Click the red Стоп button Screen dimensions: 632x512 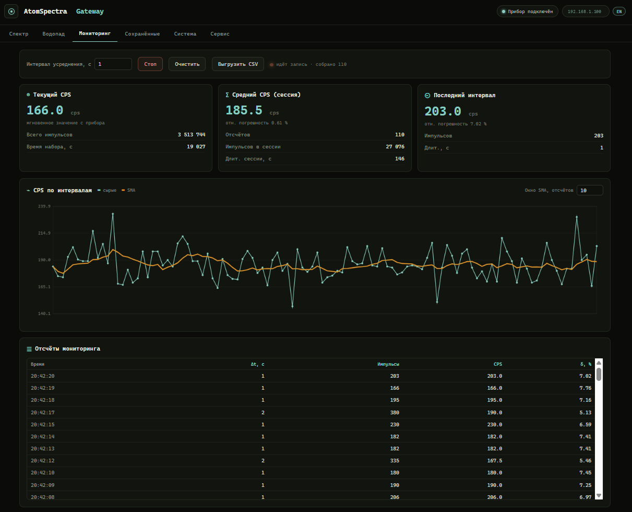tap(150, 64)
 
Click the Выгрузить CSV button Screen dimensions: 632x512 tap(237, 64)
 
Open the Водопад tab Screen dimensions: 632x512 tap(53, 34)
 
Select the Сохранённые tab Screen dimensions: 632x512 tap(142, 34)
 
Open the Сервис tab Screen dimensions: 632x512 tap(220, 34)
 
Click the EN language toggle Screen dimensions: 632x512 tap(619, 11)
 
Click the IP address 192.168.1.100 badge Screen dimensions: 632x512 tap(586, 11)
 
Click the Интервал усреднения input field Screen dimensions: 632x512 tap(113, 64)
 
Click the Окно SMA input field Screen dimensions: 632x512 tap(590, 190)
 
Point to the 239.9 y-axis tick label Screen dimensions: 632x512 tap(44, 206)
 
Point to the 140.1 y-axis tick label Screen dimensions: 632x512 tap(44, 313)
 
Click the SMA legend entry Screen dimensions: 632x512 tap(128, 190)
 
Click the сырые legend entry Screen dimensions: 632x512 tap(107, 190)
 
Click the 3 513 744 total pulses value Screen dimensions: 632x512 tap(192, 135)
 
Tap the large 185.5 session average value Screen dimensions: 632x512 tap(244, 110)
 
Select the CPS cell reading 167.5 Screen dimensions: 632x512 tap(494, 461)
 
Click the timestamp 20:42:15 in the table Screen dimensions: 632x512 tap(43, 425)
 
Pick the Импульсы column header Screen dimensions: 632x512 tap(388, 364)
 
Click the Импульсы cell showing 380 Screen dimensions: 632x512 tap(395, 413)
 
